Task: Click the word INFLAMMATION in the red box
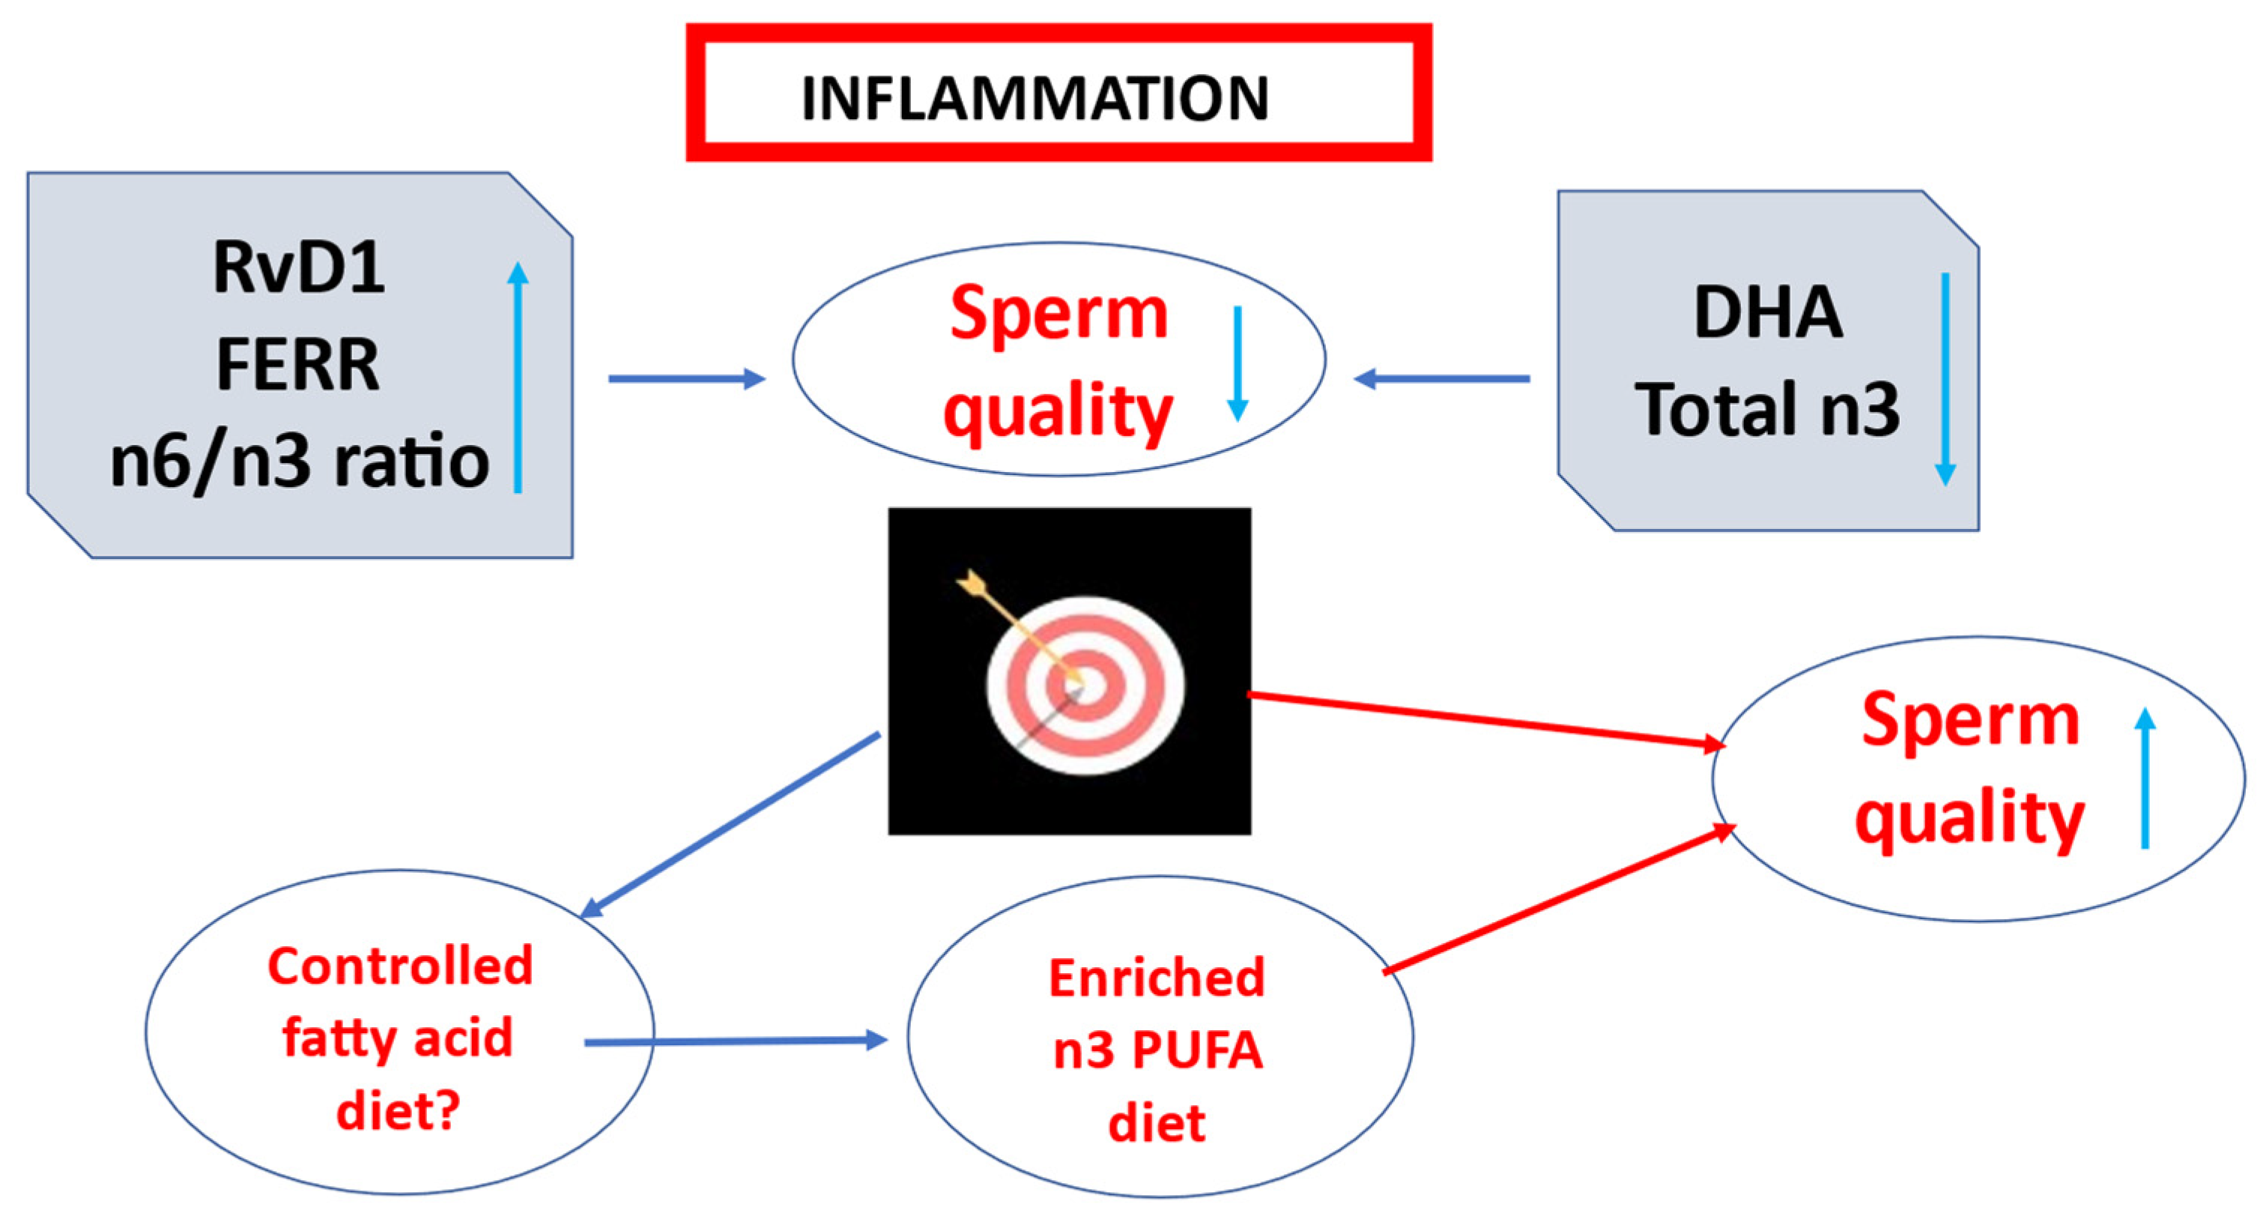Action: coord(1035,97)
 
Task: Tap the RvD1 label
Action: coord(298,267)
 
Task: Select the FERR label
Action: coord(298,364)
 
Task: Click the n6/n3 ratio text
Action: coord(299,462)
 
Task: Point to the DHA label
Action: coord(1768,312)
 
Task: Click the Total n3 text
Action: coord(1768,409)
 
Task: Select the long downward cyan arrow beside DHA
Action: coord(1945,378)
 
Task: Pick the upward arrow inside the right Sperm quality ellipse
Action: coord(2145,778)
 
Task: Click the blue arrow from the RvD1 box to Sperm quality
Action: coord(686,379)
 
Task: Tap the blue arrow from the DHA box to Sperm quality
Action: coord(1443,379)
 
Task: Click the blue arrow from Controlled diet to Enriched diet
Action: coord(736,1041)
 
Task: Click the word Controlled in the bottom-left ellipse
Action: coord(400,966)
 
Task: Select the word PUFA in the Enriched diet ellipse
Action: coord(1197,1050)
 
